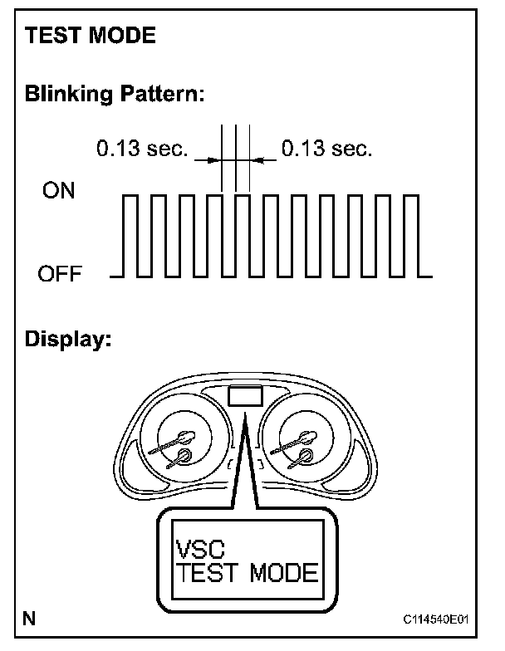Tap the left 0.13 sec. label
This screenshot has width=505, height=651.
coord(142,149)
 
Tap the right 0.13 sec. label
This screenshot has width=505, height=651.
coord(326,149)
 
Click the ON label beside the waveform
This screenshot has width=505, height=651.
coord(58,192)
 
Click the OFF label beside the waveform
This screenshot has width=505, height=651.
coord(60,274)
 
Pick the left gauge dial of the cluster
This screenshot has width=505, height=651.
coord(178,445)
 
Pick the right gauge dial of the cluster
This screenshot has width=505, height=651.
coord(302,445)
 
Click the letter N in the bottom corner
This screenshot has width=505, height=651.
coord(29,619)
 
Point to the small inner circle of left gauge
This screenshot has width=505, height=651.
coord(182,457)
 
